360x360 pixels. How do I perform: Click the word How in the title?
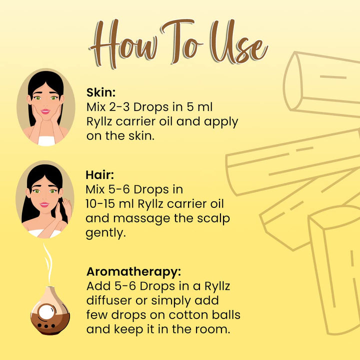[x=123, y=43]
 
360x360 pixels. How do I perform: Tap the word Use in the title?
[x=239, y=42]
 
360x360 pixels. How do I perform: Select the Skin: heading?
[x=101, y=92]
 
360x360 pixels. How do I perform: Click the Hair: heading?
[x=99, y=175]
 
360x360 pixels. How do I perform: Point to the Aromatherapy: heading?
[x=133, y=271]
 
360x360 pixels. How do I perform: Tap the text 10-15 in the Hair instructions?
[x=100, y=204]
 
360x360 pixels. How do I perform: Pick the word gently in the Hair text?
[x=105, y=233]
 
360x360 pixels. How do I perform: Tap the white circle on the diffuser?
[x=46, y=312]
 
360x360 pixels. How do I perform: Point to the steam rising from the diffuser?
[x=48, y=264]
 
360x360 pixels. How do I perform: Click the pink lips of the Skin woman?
[x=45, y=111]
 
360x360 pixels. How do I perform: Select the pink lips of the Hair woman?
[x=44, y=204]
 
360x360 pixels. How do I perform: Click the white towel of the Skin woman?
[x=46, y=140]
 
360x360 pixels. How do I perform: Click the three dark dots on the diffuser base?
[x=46, y=326]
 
